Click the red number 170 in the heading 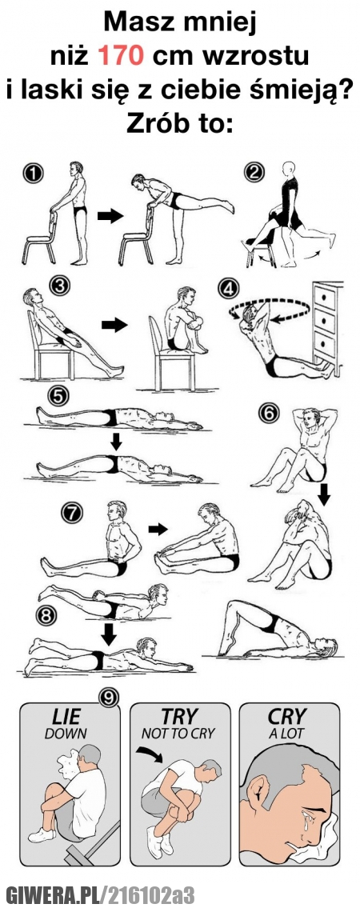click(x=119, y=56)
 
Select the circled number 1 click(x=33, y=172)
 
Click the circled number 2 click(x=254, y=172)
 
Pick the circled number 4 click(x=229, y=288)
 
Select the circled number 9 click(x=109, y=698)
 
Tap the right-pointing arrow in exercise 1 click(x=110, y=216)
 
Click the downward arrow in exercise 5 click(x=116, y=442)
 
